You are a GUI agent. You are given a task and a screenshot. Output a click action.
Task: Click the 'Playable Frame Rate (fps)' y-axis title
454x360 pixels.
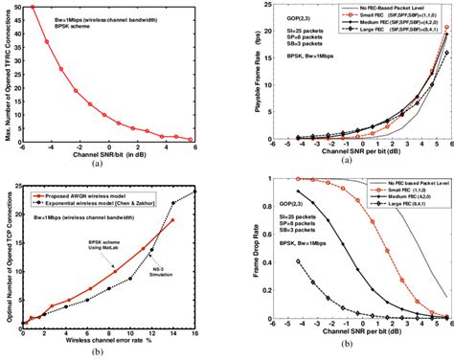click(246, 76)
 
